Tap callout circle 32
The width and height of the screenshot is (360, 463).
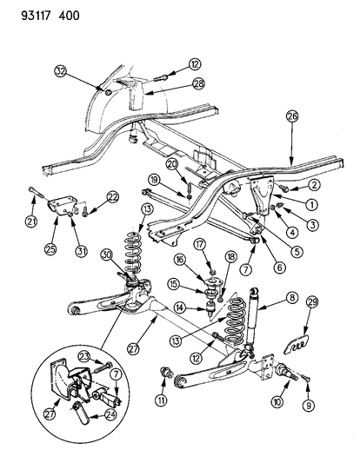[61, 69]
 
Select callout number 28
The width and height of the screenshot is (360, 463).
[198, 83]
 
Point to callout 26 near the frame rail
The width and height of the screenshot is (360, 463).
[291, 116]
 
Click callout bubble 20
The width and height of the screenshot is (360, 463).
[171, 164]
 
